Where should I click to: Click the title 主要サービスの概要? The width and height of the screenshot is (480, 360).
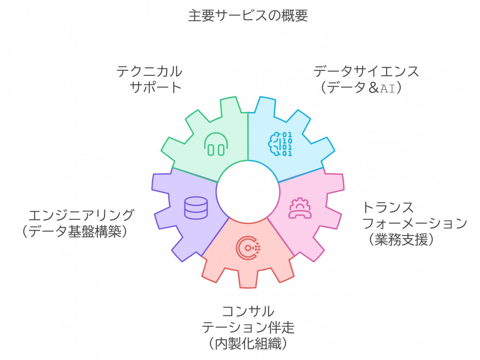[x=248, y=15]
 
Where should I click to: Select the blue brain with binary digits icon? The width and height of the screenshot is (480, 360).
[x=280, y=144]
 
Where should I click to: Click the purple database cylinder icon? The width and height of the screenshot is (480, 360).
[x=196, y=208]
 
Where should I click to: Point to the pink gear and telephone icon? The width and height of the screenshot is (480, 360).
[x=300, y=208]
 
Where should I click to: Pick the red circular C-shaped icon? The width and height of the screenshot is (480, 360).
[x=248, y=248]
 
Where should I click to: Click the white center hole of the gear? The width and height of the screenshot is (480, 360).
[x=248, y=192]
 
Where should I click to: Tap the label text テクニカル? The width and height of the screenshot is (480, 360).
[x=149, y=71]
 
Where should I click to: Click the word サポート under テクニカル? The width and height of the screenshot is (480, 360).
[x=156, y=87]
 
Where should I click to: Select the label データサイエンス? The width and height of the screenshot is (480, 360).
[x=366, y=71]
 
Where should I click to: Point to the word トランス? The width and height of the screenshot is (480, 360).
[x=388, y=207]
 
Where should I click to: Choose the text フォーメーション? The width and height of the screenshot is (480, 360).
[x=414, y=223]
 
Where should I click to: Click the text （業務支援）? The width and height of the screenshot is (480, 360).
[x=401, y=239]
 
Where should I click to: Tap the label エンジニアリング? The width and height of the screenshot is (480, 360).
[x=81, y=215]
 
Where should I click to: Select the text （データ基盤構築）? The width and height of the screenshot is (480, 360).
[x=75, y=231]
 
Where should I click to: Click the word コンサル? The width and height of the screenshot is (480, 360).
[x=248, y=311]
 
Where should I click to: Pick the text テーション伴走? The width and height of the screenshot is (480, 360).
[x=248, y=327]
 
